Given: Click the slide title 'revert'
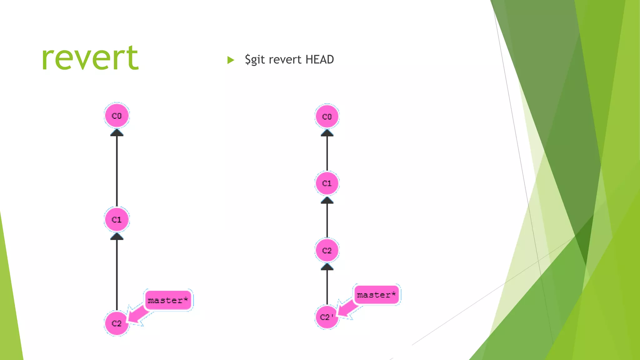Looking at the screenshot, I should click(90, 58).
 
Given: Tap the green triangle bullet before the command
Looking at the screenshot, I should click(231, 60).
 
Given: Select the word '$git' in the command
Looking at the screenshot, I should click(255, 59).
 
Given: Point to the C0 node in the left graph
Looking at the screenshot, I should click(117, 116).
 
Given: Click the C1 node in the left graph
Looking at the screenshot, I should click(117, 219).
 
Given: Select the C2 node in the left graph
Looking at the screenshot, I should click(117, 323).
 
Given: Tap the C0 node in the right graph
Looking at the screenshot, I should click(327, 117).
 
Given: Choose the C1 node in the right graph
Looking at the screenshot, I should click(327, 183).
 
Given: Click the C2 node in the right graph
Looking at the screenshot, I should click(327, 250).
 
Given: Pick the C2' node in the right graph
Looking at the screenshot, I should click(327, 317).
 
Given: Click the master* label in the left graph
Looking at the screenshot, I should click(168, 300).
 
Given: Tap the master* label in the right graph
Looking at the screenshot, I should click(377, 295).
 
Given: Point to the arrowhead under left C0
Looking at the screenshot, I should click(117, 133).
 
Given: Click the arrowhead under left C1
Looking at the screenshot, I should click(117, 237).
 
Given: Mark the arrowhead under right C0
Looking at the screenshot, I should click(327, 133).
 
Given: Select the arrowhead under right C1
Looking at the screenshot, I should click(327, 200).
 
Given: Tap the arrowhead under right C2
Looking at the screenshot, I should click(327, 267).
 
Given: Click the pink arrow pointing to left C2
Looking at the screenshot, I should click(137, 315).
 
